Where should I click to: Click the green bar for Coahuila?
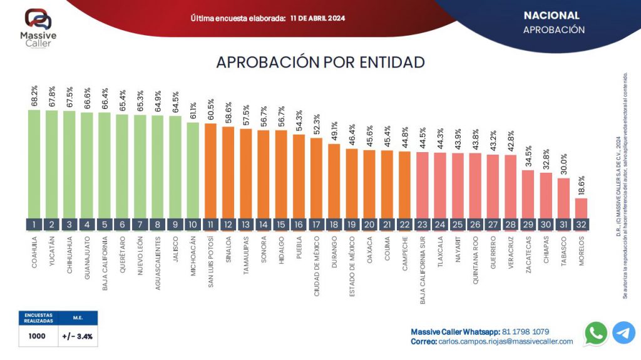point(34,164)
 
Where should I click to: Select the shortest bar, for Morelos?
point(581,208)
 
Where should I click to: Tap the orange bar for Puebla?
point(299,177)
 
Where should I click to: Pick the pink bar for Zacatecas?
point(528,194)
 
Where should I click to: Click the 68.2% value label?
point(34,96)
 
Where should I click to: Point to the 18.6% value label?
point(582,185)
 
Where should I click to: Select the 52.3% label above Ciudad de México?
point(316,125)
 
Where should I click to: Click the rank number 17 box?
point(316,224)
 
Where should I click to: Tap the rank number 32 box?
point(581,224)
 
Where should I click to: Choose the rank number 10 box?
point(193,224)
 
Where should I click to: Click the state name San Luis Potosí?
point(210,262)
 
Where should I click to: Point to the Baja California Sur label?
point(423,270)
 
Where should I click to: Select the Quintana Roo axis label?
point(475,260)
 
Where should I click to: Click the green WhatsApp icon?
point(596,334)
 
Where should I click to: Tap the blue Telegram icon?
point(624,332)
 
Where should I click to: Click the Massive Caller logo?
point(38,28)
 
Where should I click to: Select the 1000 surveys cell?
point(37,336)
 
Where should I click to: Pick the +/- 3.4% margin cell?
point(78,336)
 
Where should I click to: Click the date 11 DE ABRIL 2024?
point(317,18)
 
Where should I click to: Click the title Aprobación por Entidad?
point(320,62)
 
